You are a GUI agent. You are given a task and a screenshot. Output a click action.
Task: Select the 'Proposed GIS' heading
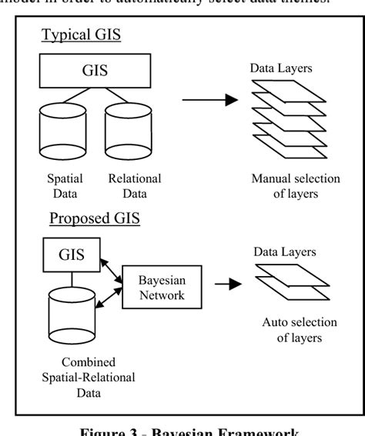click(x=95, y=218)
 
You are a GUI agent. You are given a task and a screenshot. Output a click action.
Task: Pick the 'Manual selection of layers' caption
click(x=296, y=186)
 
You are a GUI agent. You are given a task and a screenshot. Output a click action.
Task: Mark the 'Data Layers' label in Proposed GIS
click(x=282, y=251)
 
